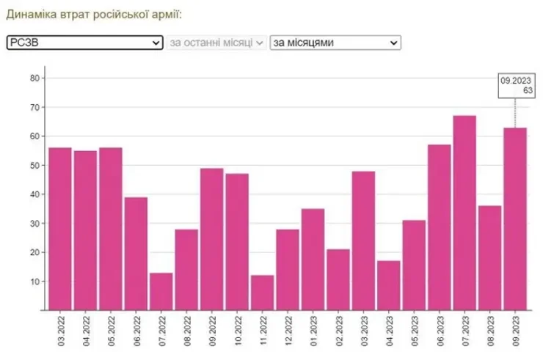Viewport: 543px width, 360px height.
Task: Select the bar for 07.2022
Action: pos(161,291)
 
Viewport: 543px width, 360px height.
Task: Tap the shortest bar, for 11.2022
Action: pos(262,293)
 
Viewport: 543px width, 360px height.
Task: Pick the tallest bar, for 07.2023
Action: pos(464,213)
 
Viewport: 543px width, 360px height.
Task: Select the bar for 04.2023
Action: pos(389,285)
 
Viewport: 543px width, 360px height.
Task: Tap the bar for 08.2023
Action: pos(489,257)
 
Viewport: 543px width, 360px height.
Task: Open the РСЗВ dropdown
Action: pos(84,43)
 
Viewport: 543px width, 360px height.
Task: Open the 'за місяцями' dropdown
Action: pos(335,43)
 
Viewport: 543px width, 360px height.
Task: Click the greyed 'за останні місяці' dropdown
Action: pos(216,43)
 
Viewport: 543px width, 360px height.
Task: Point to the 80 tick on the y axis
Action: pos(34,78)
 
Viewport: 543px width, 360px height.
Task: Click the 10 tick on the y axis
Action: pos(34,282)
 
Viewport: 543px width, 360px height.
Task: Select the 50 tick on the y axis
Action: pos(34,165)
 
